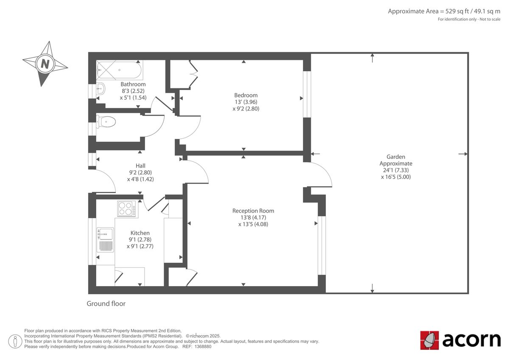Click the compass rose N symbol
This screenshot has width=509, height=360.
[x=45, y=64]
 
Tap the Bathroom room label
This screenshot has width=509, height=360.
[x=133, y=84]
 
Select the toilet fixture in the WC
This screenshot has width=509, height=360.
[x=106, y=122]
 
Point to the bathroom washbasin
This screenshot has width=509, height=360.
[x=101, y=89]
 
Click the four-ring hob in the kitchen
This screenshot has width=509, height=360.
[x=126, y=208]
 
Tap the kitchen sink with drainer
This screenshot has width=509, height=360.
[x=105, y=240]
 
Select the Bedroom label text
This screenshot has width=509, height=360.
[x=246, y=95]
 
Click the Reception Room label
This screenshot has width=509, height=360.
[x=253, y=211]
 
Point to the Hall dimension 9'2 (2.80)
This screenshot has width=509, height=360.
[x=140, y=172]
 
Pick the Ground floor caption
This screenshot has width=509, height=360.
[x=106, y=304]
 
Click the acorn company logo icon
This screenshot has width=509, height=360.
[x=429, y=340]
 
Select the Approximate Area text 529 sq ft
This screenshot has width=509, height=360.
[x=444, y=11]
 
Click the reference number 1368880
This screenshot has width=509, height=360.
[x=202, y=346]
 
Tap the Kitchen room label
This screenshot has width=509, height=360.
[x=140, y=233]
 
